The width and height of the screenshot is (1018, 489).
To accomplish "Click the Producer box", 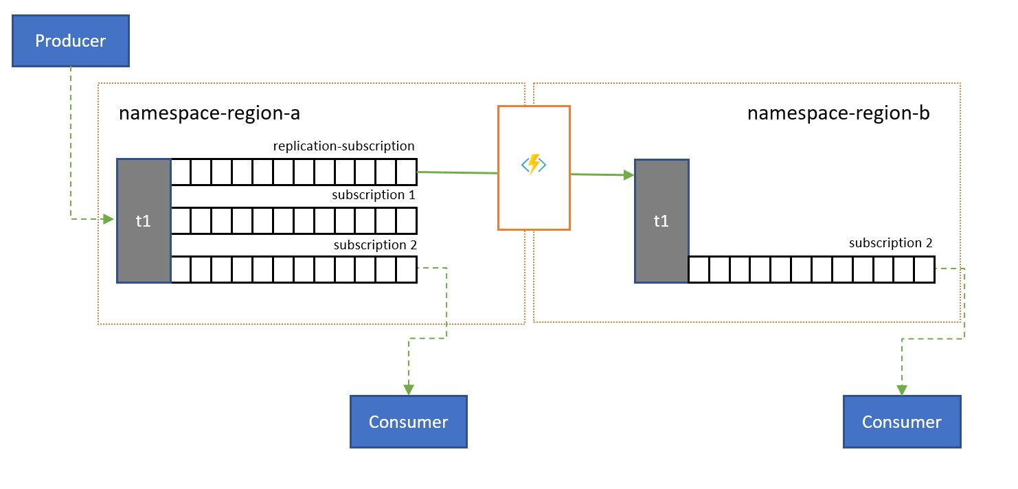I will click(x=71, y=41).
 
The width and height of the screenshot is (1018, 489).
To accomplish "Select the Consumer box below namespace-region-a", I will click(x=409, y=422).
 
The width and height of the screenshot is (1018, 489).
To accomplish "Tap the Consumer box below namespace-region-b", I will click(x=902, y=422).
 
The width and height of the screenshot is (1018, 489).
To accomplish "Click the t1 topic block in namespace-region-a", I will click(x=144, y=220).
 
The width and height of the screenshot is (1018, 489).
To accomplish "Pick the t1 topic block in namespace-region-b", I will click(x=661, y=220).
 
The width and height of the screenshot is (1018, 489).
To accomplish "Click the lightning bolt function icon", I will click(x=534, y=166).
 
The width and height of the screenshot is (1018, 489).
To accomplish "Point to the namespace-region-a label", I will click(x=209, y=113).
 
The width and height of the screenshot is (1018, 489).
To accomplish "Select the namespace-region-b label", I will click(x=838, y=113).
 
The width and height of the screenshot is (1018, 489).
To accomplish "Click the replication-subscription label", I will click(x=343, y=146).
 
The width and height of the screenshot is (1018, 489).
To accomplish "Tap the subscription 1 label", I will click(x=374, y=195).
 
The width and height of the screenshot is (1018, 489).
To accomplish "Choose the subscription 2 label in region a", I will click(x=374, y=244).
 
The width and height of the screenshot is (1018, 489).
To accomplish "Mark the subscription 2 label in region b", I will click(x=890, y=243).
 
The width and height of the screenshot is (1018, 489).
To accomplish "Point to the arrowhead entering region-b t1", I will click(x=628, y=176).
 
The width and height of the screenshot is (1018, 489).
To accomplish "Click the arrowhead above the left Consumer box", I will click(x=409, y=389).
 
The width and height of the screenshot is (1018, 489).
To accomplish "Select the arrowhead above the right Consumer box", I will click(x=902, y=390).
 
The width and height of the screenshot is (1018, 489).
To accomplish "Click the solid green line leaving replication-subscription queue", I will click(x=457, y=173).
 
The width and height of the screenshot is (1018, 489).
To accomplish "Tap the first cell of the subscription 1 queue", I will click(x=181, y=220).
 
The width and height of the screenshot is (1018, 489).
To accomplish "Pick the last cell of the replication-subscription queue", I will click(x=407, y=172).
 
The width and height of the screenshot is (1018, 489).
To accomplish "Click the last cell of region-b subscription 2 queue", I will click(x=925, y=269).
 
